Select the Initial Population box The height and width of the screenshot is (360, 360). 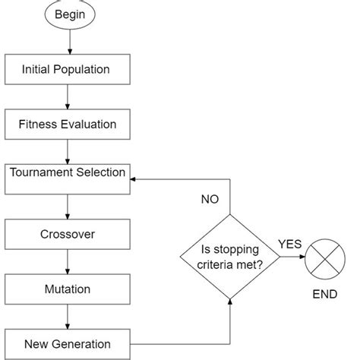(x=68, y=70)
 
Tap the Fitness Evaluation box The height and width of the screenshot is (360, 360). (x=68, y=124)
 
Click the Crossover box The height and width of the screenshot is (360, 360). (x=68, y=234)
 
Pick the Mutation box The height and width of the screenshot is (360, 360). (x=68, y=289)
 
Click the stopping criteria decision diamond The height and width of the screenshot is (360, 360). (x=230, y=256)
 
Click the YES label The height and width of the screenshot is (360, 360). (x=290, y=244)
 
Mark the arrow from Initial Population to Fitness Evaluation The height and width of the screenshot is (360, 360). (x=68, y=96)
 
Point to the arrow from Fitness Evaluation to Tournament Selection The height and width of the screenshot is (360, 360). (x=68, y=150)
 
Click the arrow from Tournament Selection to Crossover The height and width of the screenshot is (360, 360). (x=68, y=206)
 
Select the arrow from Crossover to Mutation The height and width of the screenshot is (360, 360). (x=68, y=261)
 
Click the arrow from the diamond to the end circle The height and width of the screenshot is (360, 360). (x=292, y=257)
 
